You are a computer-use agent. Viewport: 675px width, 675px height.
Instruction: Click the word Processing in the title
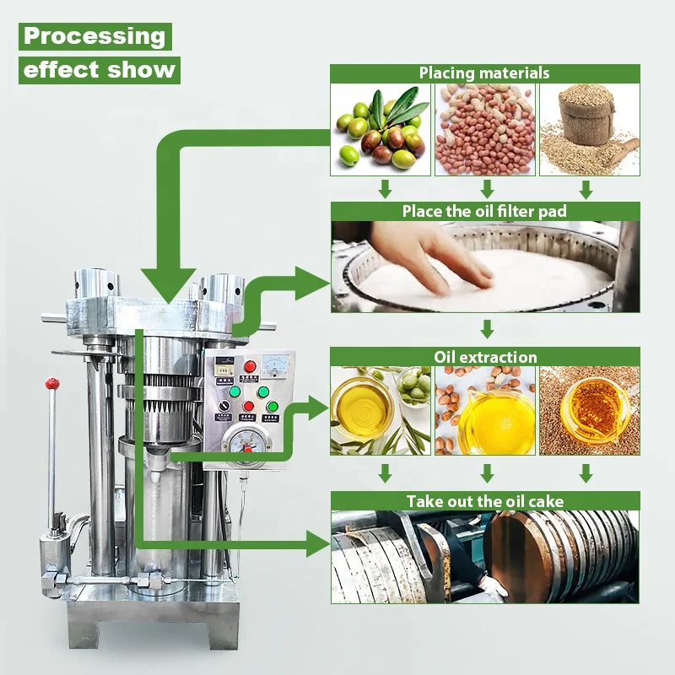94,36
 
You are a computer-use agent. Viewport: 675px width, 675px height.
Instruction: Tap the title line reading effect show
100,69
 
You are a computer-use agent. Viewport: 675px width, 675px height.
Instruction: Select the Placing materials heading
484,73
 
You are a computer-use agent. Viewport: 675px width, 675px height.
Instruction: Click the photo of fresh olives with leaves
380,130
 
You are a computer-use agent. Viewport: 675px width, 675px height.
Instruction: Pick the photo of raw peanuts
484,130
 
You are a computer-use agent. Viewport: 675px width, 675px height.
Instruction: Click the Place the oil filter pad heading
484,212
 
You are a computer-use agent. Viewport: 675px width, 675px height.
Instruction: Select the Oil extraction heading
484,357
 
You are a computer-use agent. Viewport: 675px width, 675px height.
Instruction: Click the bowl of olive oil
363,405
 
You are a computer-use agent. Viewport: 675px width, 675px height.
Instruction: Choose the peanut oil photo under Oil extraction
484,411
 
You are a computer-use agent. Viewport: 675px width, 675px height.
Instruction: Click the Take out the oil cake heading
484,501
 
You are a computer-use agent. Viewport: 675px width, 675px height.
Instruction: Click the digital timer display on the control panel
224,365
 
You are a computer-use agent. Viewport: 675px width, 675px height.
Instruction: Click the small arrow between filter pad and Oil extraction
486,328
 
